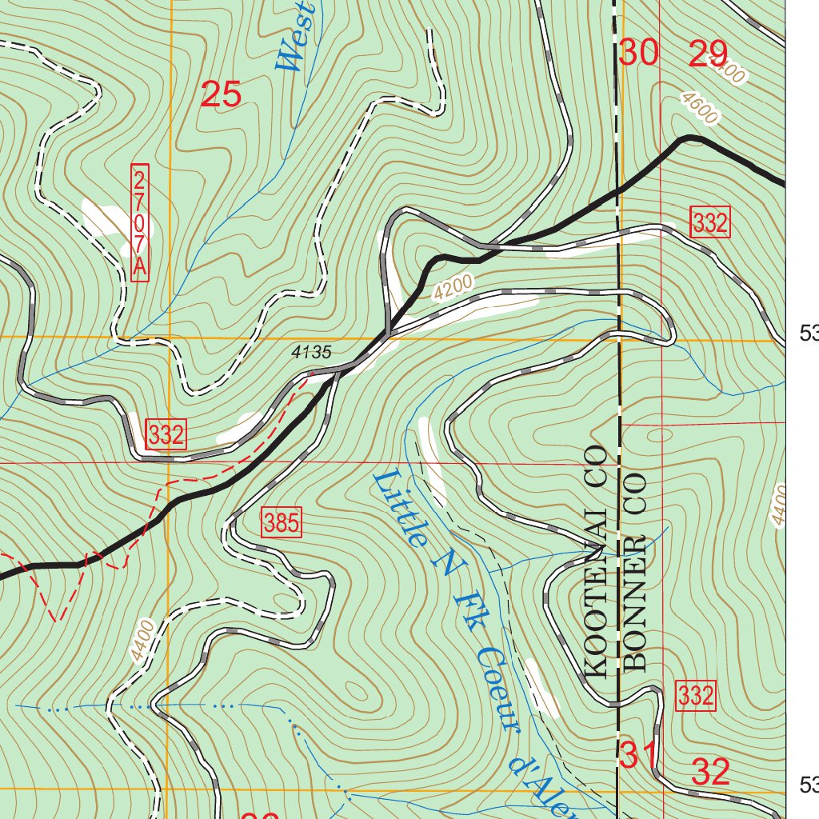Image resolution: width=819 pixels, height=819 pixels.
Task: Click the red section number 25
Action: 221,95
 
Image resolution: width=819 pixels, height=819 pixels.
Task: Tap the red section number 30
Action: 639,54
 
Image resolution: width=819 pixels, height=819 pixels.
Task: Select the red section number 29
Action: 708,55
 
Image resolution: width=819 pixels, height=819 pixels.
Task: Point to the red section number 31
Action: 638,754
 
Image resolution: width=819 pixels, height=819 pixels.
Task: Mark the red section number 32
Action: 710,773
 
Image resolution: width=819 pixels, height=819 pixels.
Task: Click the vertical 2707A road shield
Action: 140,222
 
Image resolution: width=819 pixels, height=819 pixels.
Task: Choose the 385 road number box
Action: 282,524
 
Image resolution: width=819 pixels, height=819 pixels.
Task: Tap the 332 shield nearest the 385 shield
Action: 166,436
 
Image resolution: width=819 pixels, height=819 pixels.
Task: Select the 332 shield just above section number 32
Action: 695,696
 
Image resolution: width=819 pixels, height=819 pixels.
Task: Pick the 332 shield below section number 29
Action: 709,224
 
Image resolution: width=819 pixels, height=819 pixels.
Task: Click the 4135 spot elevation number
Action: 311,351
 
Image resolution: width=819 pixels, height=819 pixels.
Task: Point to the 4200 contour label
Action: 454,287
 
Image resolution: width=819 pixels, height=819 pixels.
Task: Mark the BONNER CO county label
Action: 635,569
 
